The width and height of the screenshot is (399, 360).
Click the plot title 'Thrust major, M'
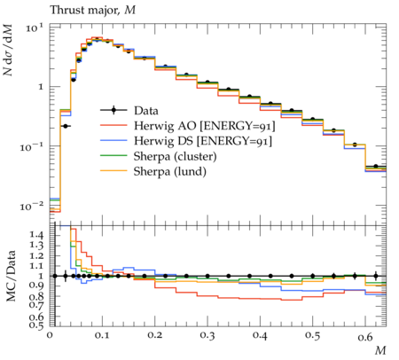(93, 11)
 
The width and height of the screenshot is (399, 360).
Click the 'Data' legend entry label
(146, 111)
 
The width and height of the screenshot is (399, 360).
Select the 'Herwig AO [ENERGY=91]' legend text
(205, 126)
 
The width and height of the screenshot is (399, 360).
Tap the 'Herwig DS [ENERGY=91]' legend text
(203, 141)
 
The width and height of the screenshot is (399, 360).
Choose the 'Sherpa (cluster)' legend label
(175, 156)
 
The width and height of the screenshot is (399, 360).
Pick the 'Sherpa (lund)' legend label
(170, 171)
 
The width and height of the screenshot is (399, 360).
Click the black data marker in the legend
(113, 110)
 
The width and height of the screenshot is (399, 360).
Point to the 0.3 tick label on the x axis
(207, 335)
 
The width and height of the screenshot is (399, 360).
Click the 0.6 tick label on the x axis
(365, 336)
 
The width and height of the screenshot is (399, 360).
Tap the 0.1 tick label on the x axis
(102, 335)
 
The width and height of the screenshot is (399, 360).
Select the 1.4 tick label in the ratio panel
(36, 235)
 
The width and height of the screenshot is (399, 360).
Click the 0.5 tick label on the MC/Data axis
(36, 325)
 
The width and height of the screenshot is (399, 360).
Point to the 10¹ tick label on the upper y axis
(35, 28)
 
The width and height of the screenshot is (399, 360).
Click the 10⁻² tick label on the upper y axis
(32, 206)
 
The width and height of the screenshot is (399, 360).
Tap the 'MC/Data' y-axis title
(11, 276)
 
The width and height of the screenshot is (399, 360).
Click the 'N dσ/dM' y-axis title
(9, 50)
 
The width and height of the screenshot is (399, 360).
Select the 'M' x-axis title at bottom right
(380, 351)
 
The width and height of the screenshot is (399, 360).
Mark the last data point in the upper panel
(376, 166)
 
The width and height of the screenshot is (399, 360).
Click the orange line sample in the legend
(113, 171)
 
